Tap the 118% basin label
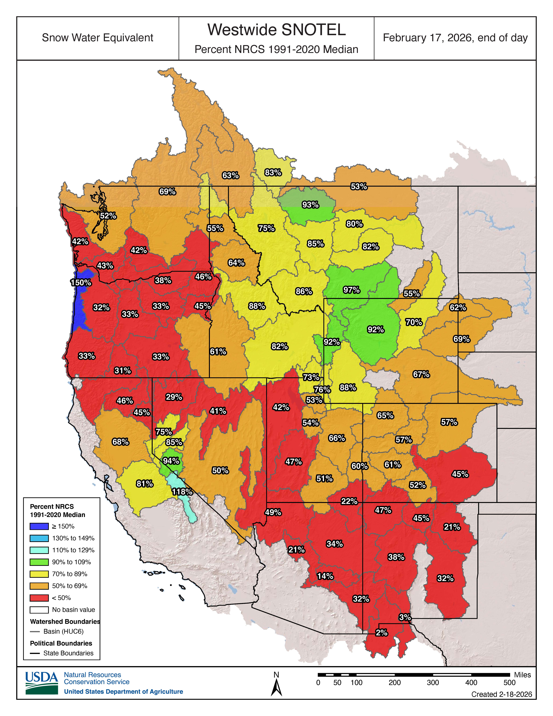(x=182, y=492)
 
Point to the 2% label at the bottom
(x=381, y=632)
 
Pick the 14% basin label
(x=325, y=576)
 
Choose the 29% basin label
(x=174, y=397)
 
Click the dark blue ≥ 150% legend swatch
(x=39, y=526)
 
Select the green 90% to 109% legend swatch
(x=39, y=562)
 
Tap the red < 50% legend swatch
(x=39, y=598)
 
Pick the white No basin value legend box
(x=39, y=610)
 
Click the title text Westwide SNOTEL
(x=277, y=30)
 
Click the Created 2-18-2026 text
(x=501, y=694)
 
